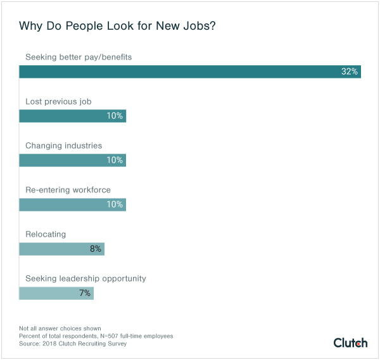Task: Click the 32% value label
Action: pyautogui.click(x=350, y=71)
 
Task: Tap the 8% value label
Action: pyautogui.click(x=96, y=249)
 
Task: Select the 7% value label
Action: pyautogui.click(x=85, y=293)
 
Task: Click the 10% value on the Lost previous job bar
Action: pyautogui.click(x=115, y=116)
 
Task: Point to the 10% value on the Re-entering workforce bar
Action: pyautogui.click(x=115, y=204)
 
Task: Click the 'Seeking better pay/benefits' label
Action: pyautogui.click(x=79, y=57)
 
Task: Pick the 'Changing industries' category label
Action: pyautogui.click(x=63, y=146)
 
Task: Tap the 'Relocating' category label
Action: pyautogui.click(x=46, y=234)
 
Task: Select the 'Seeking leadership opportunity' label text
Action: pyautogui.click(x=85, y=278)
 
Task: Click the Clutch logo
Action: pyautogui.click(x=350, y=342)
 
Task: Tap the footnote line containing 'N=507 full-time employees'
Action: pyautogui.click(x=96, y=336)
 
